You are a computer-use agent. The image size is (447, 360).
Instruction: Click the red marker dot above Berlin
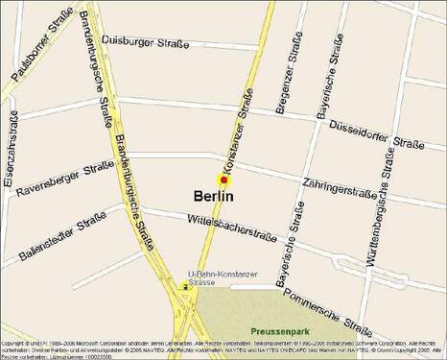(223, 180)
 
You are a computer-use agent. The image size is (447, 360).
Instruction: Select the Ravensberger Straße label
(63, 180)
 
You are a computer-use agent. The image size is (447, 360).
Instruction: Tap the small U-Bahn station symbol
(184, 285)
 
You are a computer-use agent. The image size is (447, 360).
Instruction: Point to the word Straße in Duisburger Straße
(195, 42)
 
